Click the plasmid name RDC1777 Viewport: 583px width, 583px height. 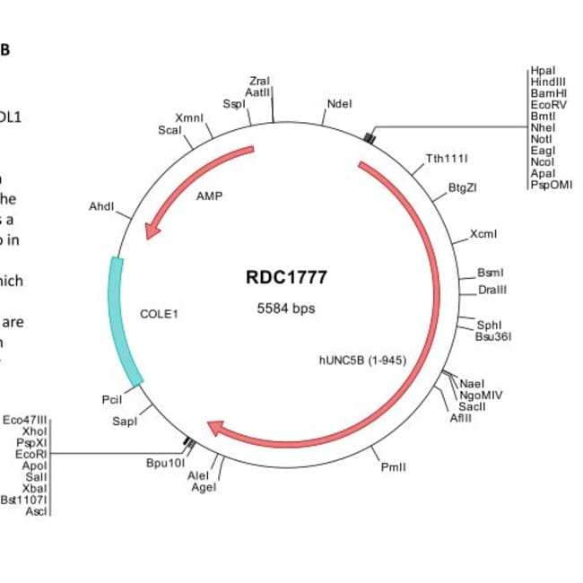point(286,277)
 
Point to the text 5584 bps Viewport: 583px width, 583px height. point(286,308)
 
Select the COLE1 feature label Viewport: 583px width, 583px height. point(160,314)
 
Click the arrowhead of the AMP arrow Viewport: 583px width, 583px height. point(152,230)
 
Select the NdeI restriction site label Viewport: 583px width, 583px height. point(339,104)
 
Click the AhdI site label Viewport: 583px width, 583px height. point(101,207)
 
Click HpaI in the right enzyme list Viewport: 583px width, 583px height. point(543,70)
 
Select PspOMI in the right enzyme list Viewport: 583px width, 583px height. point(551,185)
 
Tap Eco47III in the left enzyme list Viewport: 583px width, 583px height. point(26,420)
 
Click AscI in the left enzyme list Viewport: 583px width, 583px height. point(37,511)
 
